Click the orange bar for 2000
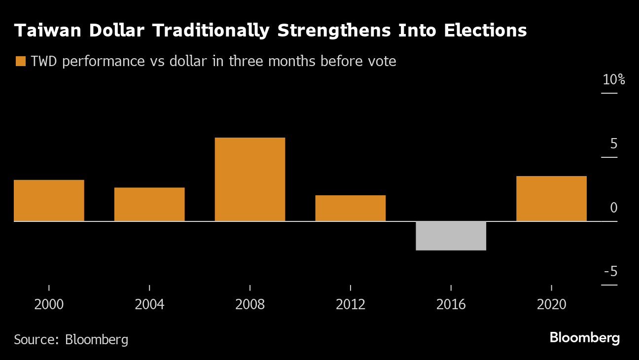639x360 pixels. point(49,201)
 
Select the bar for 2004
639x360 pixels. point(149,204)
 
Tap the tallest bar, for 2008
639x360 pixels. point(250,180)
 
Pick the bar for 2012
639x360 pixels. point(351,208)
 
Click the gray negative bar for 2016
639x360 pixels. point(451,236)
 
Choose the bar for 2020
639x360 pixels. point(551,199)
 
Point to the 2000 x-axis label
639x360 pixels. point(49,305)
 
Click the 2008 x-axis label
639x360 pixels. point(250,305)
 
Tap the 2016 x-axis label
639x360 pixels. point(451,305)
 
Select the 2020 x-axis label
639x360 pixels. point(551,305)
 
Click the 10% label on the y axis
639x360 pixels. point(613,80)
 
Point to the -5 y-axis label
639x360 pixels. point(610,272)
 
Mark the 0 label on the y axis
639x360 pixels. point(613,208)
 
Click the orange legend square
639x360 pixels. point(20,62)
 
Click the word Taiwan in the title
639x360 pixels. point(44,31)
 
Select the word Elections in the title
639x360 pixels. point(485,31)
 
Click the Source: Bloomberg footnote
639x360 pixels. point(71,340)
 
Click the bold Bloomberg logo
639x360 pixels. point(584,338)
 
